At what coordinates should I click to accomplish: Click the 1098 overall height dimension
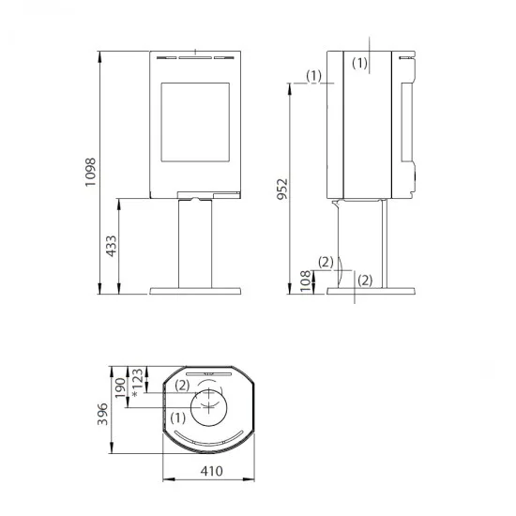(x=90, y=173)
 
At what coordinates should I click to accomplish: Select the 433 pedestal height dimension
(x=112, y=246)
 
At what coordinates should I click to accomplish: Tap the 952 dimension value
(x=282, y=189)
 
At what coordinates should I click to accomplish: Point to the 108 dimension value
(x=306, y=281)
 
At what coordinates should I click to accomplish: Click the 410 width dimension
(x=212, y=471)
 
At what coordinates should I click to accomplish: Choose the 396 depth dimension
(x=102, y=414)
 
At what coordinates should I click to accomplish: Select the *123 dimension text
(x=137, y=383)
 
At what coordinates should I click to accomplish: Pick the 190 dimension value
(x=120, y=387)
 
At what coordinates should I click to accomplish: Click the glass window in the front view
(x=195, y=122)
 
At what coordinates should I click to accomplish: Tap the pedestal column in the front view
(x=195, y=244)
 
